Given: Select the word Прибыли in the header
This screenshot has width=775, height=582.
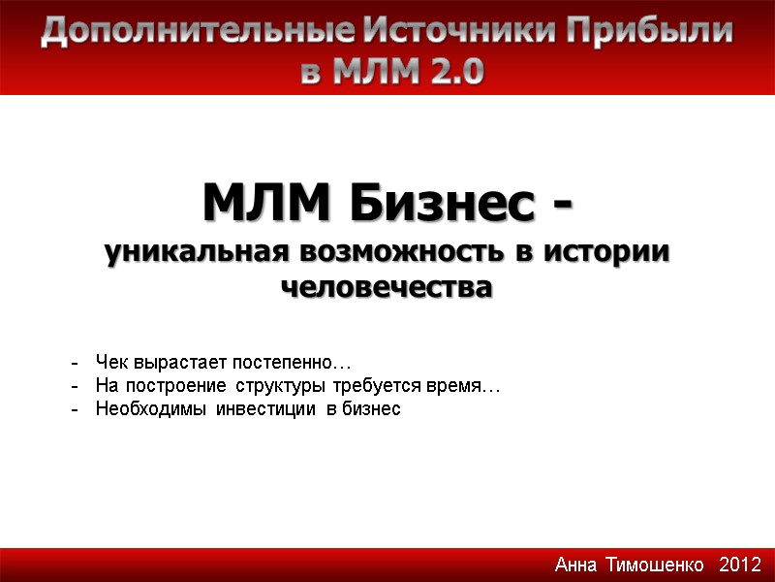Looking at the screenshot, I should coord(649,32).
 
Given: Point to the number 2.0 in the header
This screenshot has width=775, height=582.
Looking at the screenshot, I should coord(447,71).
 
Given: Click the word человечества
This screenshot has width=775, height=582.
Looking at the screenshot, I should coord(387,287).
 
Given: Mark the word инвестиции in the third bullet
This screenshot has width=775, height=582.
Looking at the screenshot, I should coord(267,409).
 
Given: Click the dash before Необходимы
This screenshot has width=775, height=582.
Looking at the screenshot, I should coord(75,409).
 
